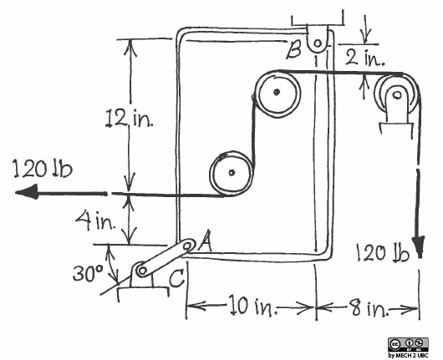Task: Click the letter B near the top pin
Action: (x=293, y=50)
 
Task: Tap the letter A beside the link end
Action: (x=206, y=241)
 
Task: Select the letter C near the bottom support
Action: (x=177, y=277)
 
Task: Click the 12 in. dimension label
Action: (x=130, y=118)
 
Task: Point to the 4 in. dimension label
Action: (x=96, y=221)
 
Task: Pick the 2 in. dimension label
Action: (x=365, y=58)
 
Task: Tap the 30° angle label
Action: (x=88, y=273)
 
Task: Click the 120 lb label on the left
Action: (x=43, y=169)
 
